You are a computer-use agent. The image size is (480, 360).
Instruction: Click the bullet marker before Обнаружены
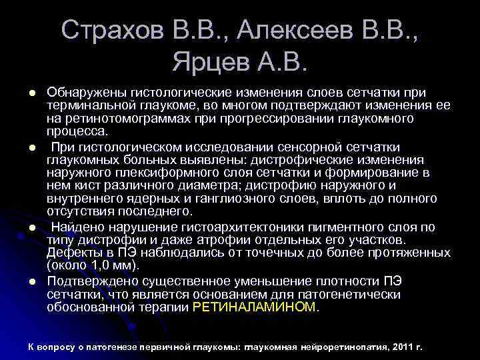tap(31, 91)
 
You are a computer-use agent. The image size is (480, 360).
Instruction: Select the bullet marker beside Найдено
tap(31, 227)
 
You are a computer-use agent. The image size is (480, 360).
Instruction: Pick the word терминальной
tap(86, 105)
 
